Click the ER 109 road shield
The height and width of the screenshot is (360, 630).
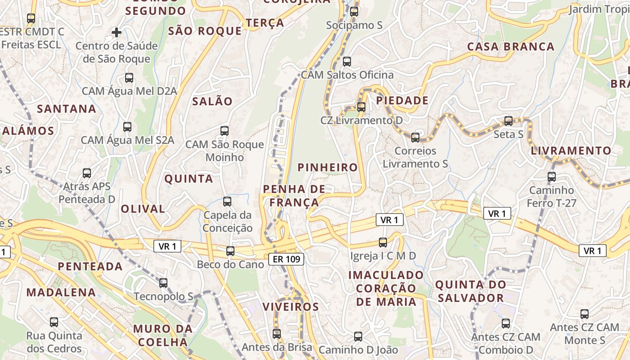(x=286, y=259)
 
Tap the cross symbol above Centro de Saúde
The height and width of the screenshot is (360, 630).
(x=117, y=32)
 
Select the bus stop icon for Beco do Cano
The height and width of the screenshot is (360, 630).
(x=230, y=251)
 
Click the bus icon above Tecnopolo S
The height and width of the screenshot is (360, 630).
(x=163, y=283)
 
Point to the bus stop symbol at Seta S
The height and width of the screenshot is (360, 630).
(x=508, y=121)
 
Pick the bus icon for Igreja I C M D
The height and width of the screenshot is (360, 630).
(x=383, y=243)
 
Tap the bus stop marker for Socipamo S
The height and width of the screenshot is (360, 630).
(x=354, y=12)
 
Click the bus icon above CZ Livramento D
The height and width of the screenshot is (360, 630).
(x=361, y=107)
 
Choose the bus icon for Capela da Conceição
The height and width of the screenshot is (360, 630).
(x=227, y=202)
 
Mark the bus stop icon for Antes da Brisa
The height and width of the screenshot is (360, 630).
(x=277, y=334)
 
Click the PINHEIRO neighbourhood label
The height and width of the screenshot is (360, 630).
(x=328, y=168)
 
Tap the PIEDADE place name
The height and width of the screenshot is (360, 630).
(x=402, y=100)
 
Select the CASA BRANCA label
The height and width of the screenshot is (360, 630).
(x=511, y=47)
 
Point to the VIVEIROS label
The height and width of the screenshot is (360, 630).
(x=290, y=307)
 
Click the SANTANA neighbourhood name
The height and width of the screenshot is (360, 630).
(x=67, y=109)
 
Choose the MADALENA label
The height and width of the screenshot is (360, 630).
(x=61, y=292)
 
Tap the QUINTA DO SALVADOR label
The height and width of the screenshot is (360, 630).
(x=470, y=291)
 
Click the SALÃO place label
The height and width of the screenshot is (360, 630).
(x=212, y=101)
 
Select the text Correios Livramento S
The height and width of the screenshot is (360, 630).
(x=415, y=157)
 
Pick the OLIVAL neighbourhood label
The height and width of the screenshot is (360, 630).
(x=143, y=209)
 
